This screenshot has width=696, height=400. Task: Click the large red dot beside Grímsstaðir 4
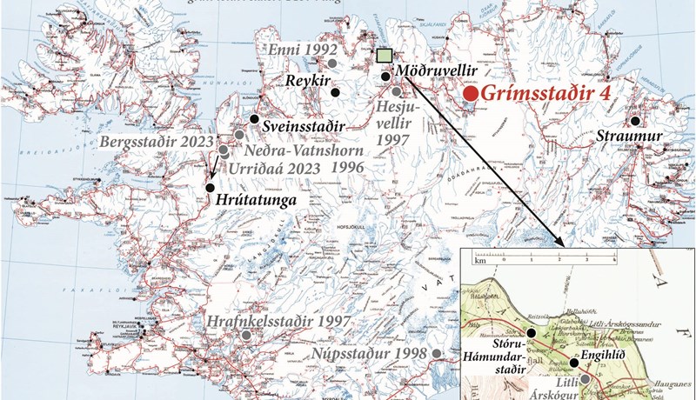point(470,93)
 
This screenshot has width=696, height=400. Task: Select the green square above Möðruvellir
point(384,56)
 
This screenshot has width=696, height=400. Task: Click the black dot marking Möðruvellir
point(385,77)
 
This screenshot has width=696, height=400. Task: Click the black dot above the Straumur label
point(636,121)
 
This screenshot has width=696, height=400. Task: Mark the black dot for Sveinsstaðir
point(255,119)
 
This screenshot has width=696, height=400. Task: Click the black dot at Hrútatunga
point(210,188)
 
